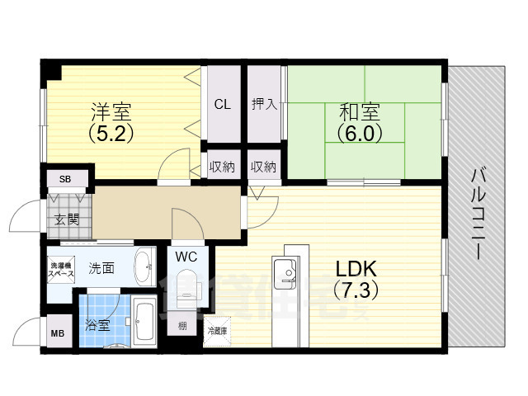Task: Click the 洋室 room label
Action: click(x=111, y=111)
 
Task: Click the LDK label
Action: click(x=356, y=269)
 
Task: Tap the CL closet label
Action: click(x=222, y=105)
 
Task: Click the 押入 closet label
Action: click(x=265, y=105)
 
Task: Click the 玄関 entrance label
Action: click(x=67, y=219)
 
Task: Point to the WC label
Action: click(x=186, y=255)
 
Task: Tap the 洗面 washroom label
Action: click(x=101, y=268)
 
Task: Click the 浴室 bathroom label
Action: click(x=98, y=325)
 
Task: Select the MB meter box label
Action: click(x=57, y=333)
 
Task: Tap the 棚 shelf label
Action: click(x=181, y=325)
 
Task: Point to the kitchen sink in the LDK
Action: click(x=285, y=272)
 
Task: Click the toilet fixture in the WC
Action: click(x=186, y=280)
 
